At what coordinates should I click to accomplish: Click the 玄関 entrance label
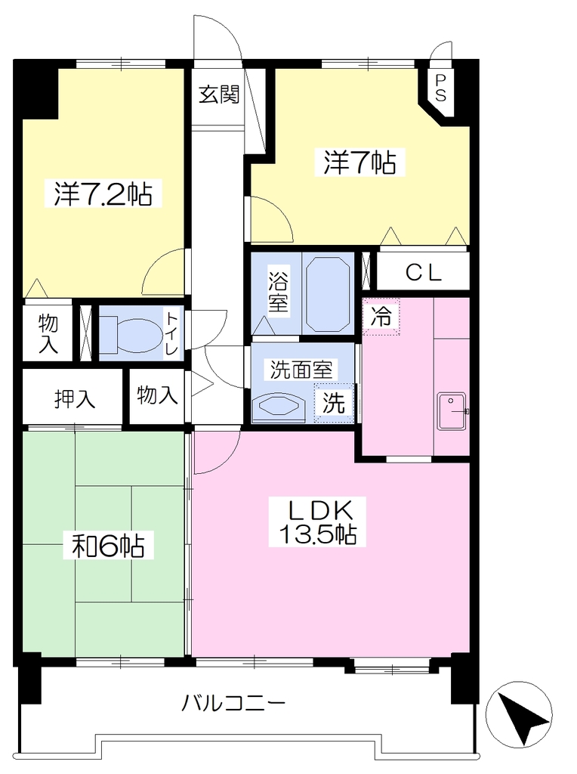[219, 94]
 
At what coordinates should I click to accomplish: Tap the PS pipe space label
[440, 88]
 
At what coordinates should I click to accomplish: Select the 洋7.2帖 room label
[103, 194]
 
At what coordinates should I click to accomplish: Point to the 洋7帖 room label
[360, 163]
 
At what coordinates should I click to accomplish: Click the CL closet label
[423, 272]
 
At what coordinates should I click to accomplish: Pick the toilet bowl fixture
[132, 335]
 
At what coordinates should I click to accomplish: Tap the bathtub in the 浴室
[329, 294]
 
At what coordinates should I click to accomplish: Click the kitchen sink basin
[452, 411]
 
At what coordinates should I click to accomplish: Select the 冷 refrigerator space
[381, 317]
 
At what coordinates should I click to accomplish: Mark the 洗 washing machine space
[334, 404]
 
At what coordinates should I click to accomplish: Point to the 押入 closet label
[75, 398]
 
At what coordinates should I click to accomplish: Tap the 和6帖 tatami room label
[109, 546]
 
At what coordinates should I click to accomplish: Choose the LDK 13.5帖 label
[318, 522]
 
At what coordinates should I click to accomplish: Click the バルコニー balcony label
[234, 702]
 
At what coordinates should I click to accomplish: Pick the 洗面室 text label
[301, 370]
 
